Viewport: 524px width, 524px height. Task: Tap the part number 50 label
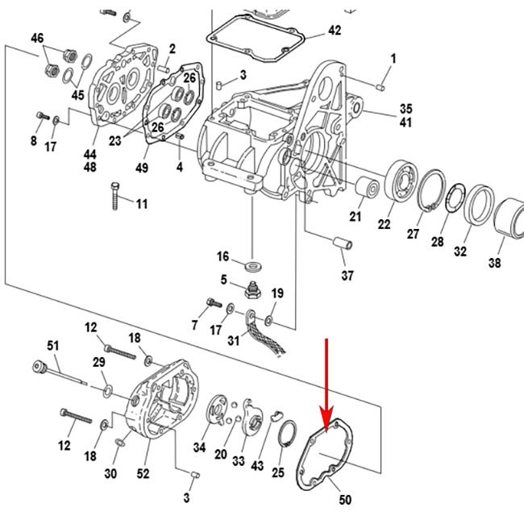pos(345,500)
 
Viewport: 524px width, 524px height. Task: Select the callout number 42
pos(334,31)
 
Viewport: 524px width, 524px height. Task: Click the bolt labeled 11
pos(115,195)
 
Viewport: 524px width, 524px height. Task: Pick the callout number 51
pos(53,347)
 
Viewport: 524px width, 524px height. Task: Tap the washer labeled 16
pos(255,264)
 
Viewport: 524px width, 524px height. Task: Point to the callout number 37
pos(347,277)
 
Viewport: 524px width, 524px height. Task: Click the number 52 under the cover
pos(143,474)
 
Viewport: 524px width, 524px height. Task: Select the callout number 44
pos(89,154)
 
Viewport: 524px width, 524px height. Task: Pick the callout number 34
pos(199,447)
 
